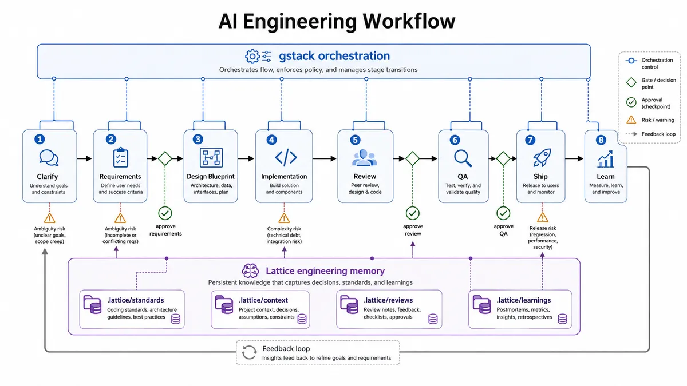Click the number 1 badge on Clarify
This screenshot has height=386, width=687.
tap(40, 140)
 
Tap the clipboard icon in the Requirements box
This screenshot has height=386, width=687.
tap(121, 157)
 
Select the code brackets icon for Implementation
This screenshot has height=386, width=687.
tap(286, 157)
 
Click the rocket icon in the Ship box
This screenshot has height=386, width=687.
tap(542, 157)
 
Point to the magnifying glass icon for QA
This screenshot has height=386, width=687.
tap(463, 158)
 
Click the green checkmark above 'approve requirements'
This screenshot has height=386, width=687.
tap(165, 213)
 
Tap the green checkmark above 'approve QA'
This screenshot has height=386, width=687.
tap(503, 213)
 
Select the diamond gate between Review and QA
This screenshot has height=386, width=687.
tap(413, 158)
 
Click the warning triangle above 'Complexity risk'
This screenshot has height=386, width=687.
tap(284, 218)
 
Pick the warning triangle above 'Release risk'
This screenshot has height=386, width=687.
tap(543, 217)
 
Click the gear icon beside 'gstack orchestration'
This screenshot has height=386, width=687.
tap(252, 57)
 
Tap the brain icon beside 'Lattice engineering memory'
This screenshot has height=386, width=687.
tap(250, 271)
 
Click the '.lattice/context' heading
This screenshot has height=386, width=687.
tap(263, 300)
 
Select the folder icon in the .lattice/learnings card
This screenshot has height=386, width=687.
tap(482, 304)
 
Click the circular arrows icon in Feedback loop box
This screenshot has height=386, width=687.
tap(249, 352)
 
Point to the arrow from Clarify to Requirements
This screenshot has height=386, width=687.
tap(84, 158)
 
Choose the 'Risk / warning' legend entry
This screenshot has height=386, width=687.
tap(650, 120)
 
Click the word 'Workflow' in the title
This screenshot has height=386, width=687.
tap(409, 21)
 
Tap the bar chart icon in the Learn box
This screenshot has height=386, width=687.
tap(606, 159)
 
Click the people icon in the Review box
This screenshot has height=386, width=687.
tap(364, 157)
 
